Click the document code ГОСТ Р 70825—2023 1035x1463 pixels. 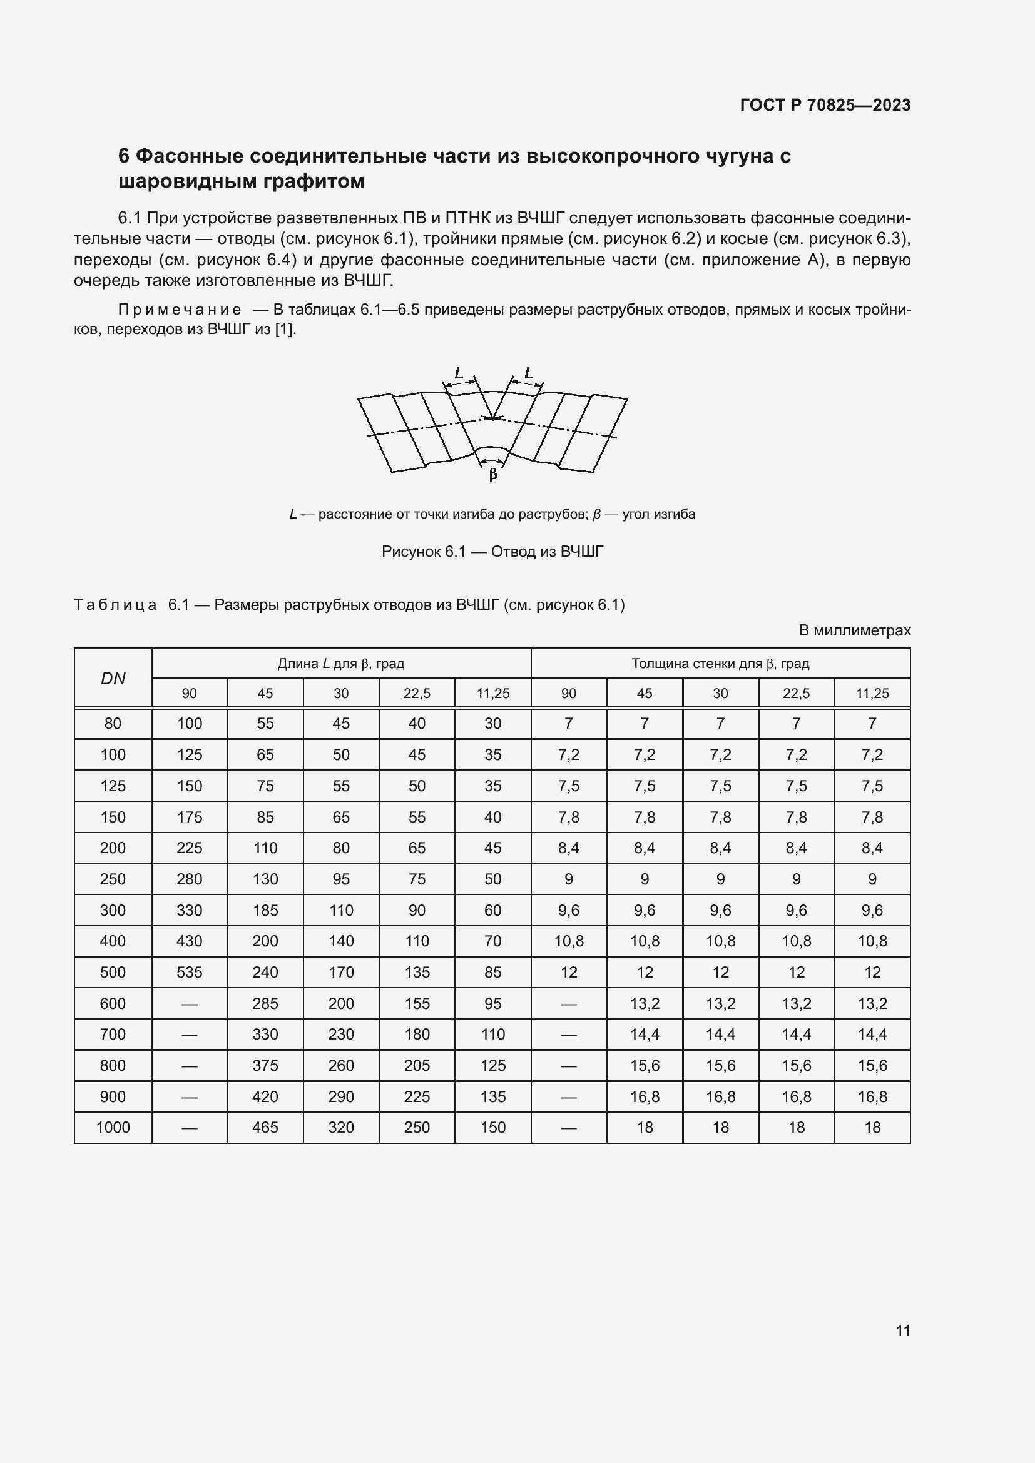pos(825,105)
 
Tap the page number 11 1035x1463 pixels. pos(902,1330)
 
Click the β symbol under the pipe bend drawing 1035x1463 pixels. pos(492,475)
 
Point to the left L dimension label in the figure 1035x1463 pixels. pos(458,373)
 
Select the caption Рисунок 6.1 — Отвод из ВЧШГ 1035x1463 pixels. pos(492,551)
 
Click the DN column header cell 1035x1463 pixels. pos(113,678)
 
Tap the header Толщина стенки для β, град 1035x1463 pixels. pos(720,663)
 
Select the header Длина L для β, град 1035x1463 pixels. pos(341,663)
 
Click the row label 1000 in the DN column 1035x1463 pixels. pos(113,1127)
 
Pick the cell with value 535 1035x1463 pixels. pos(189,973)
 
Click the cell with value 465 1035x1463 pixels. pos(265,1127)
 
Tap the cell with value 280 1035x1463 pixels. pos(189,879)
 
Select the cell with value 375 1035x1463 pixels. pos(265,1065)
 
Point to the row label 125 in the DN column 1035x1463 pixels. pos(113,786)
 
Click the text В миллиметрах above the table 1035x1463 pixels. pos(855,630)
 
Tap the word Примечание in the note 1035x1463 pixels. pos(180,310)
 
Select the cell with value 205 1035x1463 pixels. pos(417,1065)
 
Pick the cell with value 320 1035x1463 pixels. pos(341,1127)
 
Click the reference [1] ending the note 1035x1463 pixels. pos(285,330)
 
